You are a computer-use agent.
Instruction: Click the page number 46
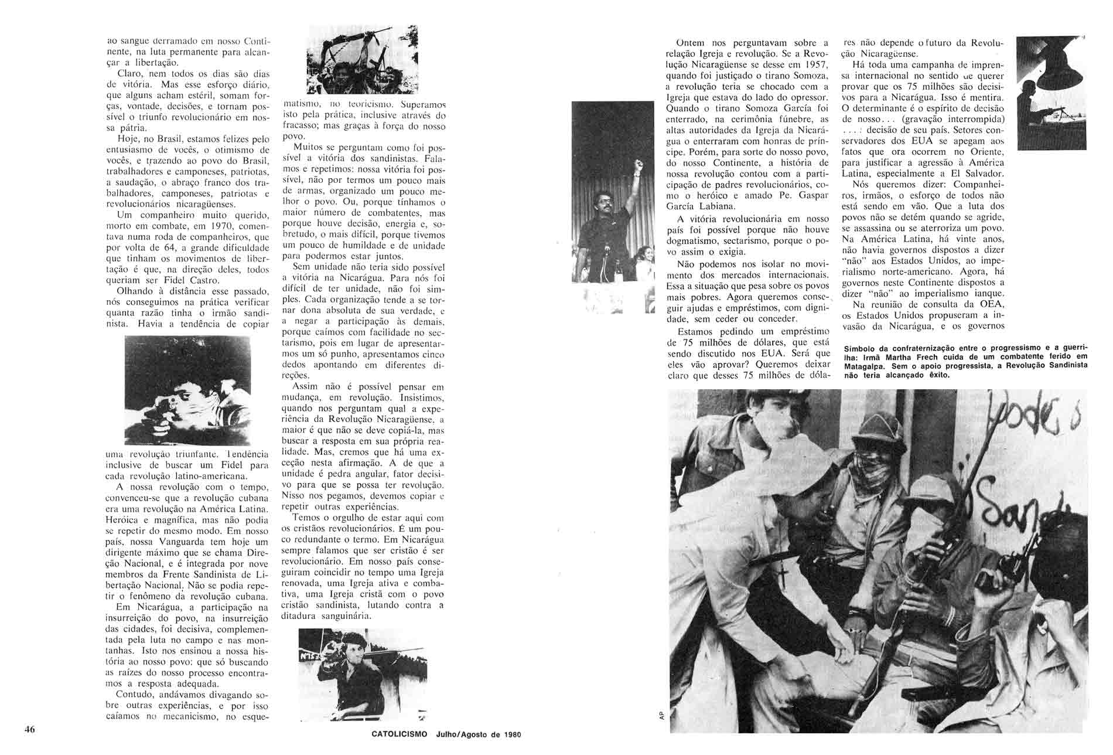[x=30, y=729]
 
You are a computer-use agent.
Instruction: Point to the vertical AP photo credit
[x=661, y=715]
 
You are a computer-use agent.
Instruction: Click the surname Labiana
[x=710, y=206]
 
